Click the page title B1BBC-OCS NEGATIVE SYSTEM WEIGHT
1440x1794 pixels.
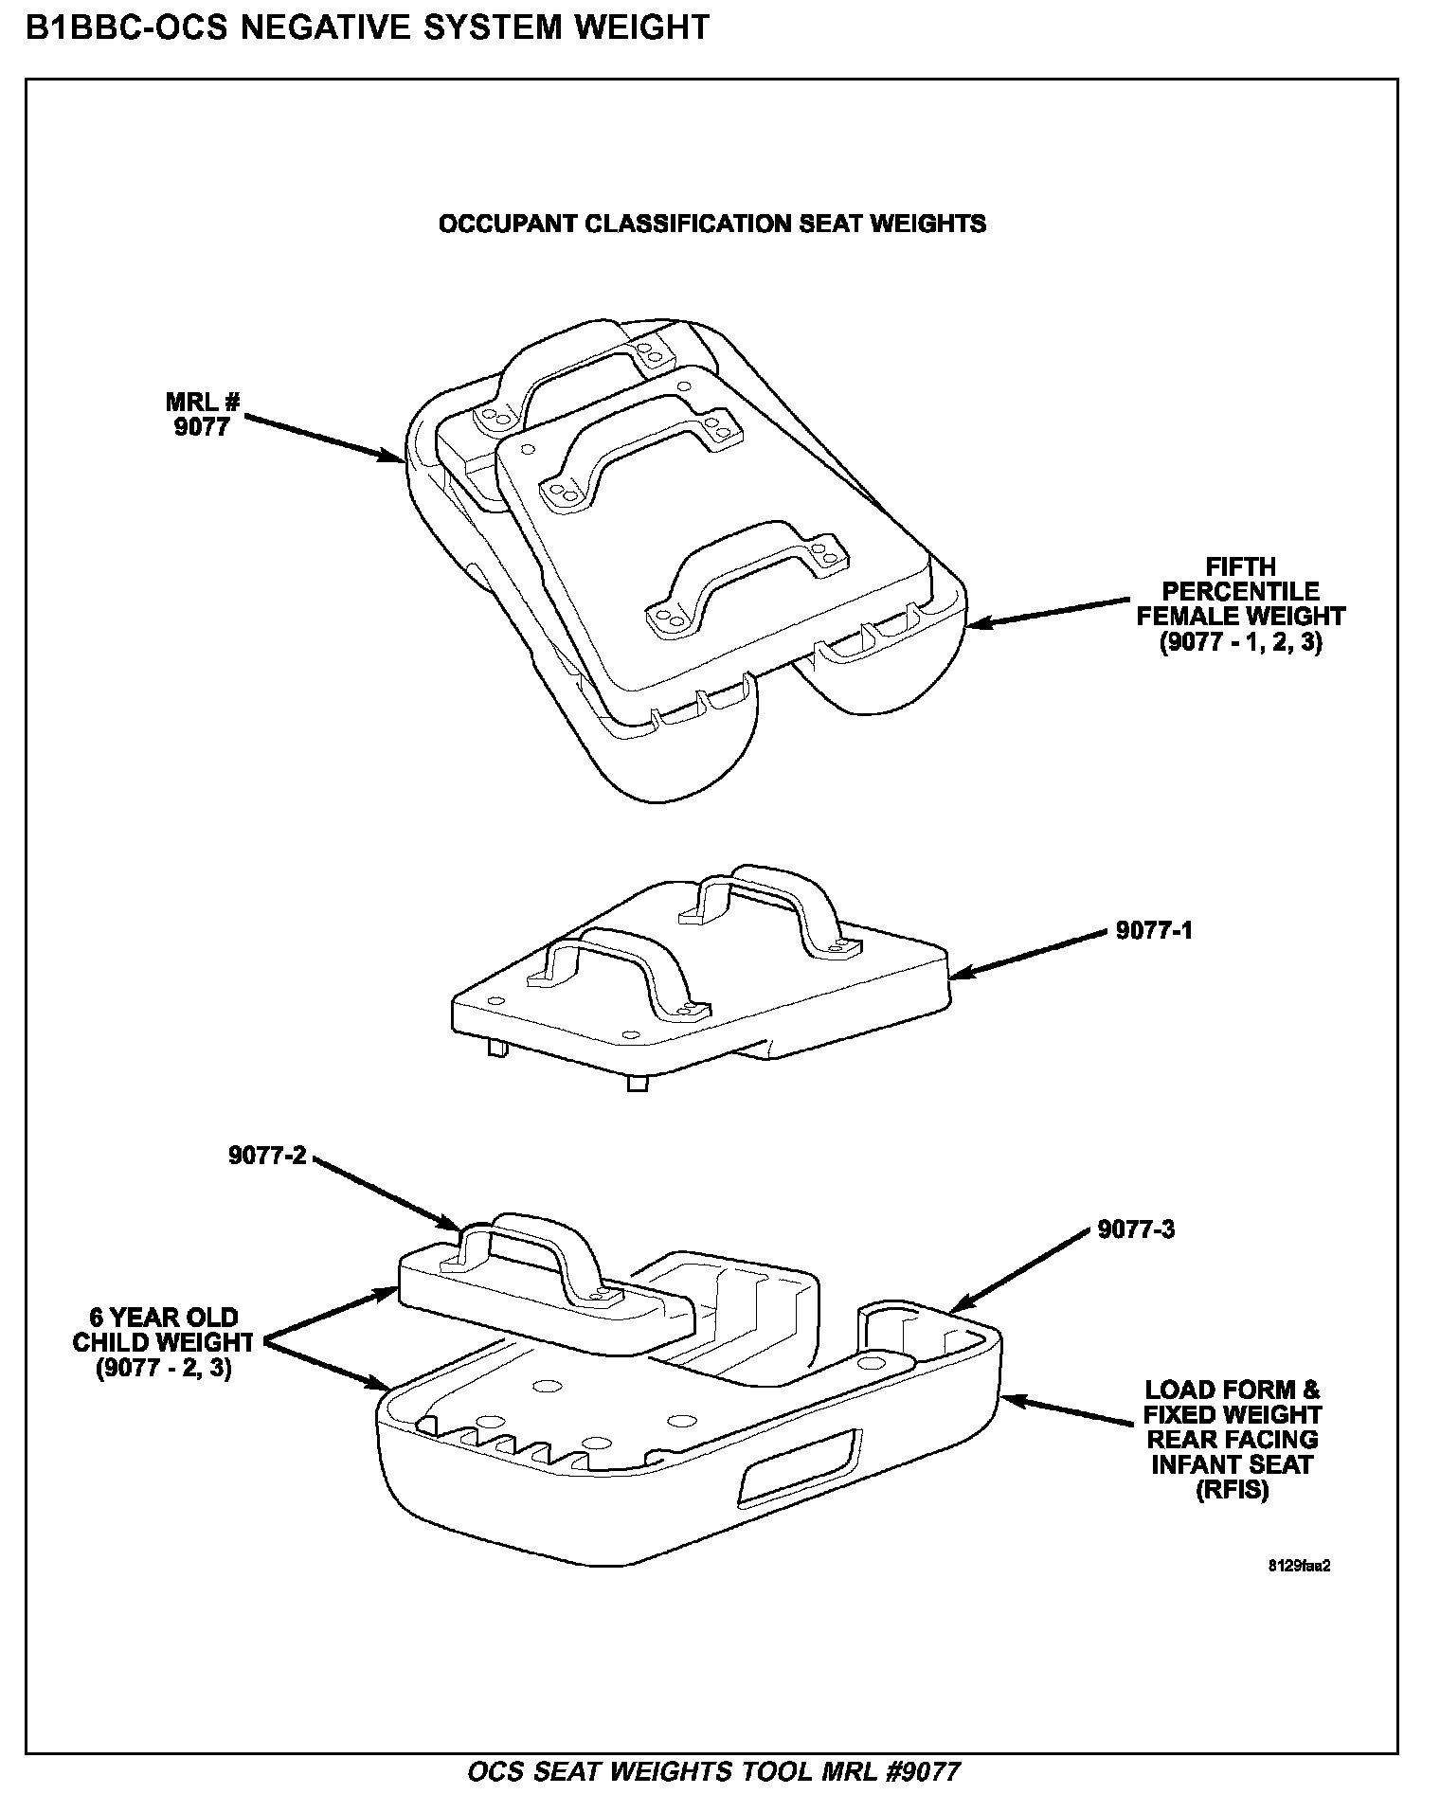[x=367, y=27]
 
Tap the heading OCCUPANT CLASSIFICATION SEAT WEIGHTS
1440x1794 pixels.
[x=711, y=224]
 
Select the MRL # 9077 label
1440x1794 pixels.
[x=203, y=415]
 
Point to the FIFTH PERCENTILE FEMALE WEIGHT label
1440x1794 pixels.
[x=1240, y=604]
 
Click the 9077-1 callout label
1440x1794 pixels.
[x=1154, y=930]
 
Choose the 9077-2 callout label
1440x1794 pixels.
[x=267, y=1155]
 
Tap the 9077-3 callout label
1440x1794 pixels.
[x=1136, y=1229]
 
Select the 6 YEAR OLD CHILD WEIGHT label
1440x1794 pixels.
[x=163, y=1343]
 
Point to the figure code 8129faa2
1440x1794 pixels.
[x=1299, y=1566]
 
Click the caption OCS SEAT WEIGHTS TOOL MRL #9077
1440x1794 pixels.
[x=714, y=1771]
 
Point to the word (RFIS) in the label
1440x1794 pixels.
[x=1232, y=1490]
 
